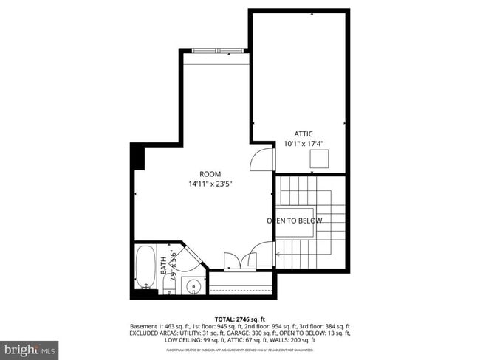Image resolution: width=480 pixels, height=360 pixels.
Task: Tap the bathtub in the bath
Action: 145,269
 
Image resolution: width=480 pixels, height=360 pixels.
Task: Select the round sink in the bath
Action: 193,286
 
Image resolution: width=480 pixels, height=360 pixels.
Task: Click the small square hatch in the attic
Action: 320,159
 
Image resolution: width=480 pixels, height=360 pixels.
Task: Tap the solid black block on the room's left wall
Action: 137,157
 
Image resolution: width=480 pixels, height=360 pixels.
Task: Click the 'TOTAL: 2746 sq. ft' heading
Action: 239,318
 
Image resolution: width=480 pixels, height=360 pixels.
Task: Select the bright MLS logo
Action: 30,347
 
